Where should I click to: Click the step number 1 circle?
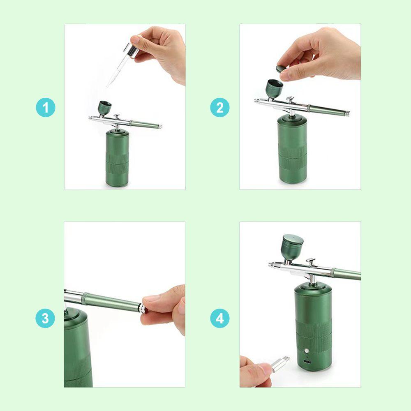coord(46,107)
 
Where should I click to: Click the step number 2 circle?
coord(219,107)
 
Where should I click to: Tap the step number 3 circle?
coord(45,318)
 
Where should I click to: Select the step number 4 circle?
coord(219,318)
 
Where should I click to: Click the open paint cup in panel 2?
coord(275,89)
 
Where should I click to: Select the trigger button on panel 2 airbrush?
coord(290,99)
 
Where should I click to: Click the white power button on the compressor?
coord(307,351)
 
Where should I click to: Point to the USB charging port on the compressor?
coord(307,362)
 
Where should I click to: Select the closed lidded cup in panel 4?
coord(293,247)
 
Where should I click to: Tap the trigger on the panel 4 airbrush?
coord(311,261)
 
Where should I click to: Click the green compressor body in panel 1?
coord(117,159)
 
